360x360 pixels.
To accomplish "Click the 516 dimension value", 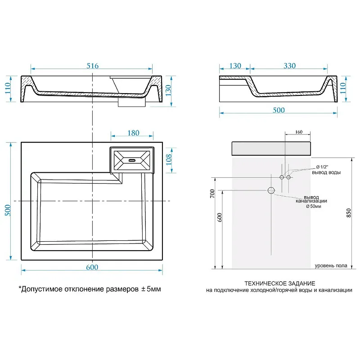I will [x=92, y=65].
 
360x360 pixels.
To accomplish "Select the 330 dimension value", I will [x=289, y=66].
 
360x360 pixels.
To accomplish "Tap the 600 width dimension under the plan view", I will [x=92, y=267].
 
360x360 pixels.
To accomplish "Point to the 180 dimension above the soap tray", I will [x=133, y=133].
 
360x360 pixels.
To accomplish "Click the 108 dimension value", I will [x=169, y=161].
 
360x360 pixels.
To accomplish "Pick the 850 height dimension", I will [x=349, y=215].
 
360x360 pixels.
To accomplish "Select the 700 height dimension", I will [x=212, y=193].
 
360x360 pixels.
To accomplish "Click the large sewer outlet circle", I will [x=271, y=191].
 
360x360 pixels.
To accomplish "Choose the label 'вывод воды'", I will [x=326, y=173].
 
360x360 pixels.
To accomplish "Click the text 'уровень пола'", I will [x=331, y=266].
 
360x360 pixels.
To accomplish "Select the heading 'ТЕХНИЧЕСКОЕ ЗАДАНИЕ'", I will [x=279, y=283].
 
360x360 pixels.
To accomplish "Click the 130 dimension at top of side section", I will [x=234, y=66].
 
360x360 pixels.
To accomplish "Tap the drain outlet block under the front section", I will [x=131, y=103].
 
